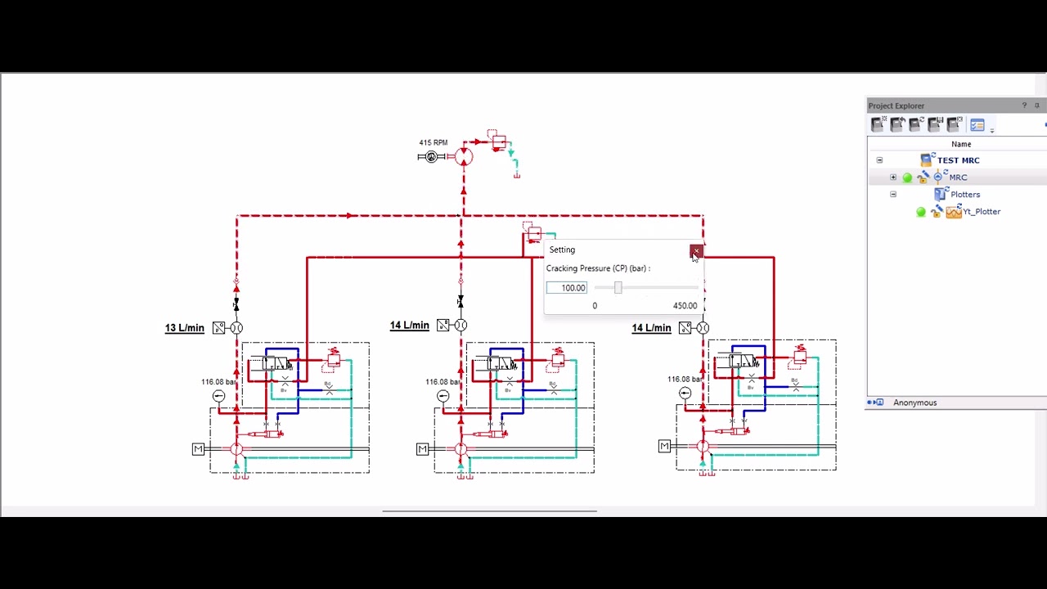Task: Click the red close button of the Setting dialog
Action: pos(695,250)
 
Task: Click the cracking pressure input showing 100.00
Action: pos(567,288)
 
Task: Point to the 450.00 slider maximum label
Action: pos(685,306)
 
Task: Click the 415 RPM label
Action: pos(433,143)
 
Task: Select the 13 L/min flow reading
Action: pos(184,328)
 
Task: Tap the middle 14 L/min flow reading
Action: pos(409,326)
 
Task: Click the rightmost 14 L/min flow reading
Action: pos(651,328)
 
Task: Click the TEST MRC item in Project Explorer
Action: pos(958,160)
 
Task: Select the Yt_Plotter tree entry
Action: pos(981,212)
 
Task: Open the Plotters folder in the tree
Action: pos(964,195)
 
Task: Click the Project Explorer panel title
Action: pos(896,106)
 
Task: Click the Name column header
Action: pos(961,144)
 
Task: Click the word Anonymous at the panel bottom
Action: pos(914,402)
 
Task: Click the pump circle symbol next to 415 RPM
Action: pos(464,157)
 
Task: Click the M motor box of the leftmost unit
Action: pos(198,449)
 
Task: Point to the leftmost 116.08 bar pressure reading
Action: pos(218,382)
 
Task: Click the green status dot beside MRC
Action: pos(907,178)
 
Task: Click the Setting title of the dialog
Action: pos(562,250)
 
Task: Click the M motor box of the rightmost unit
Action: pos(664,446)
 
